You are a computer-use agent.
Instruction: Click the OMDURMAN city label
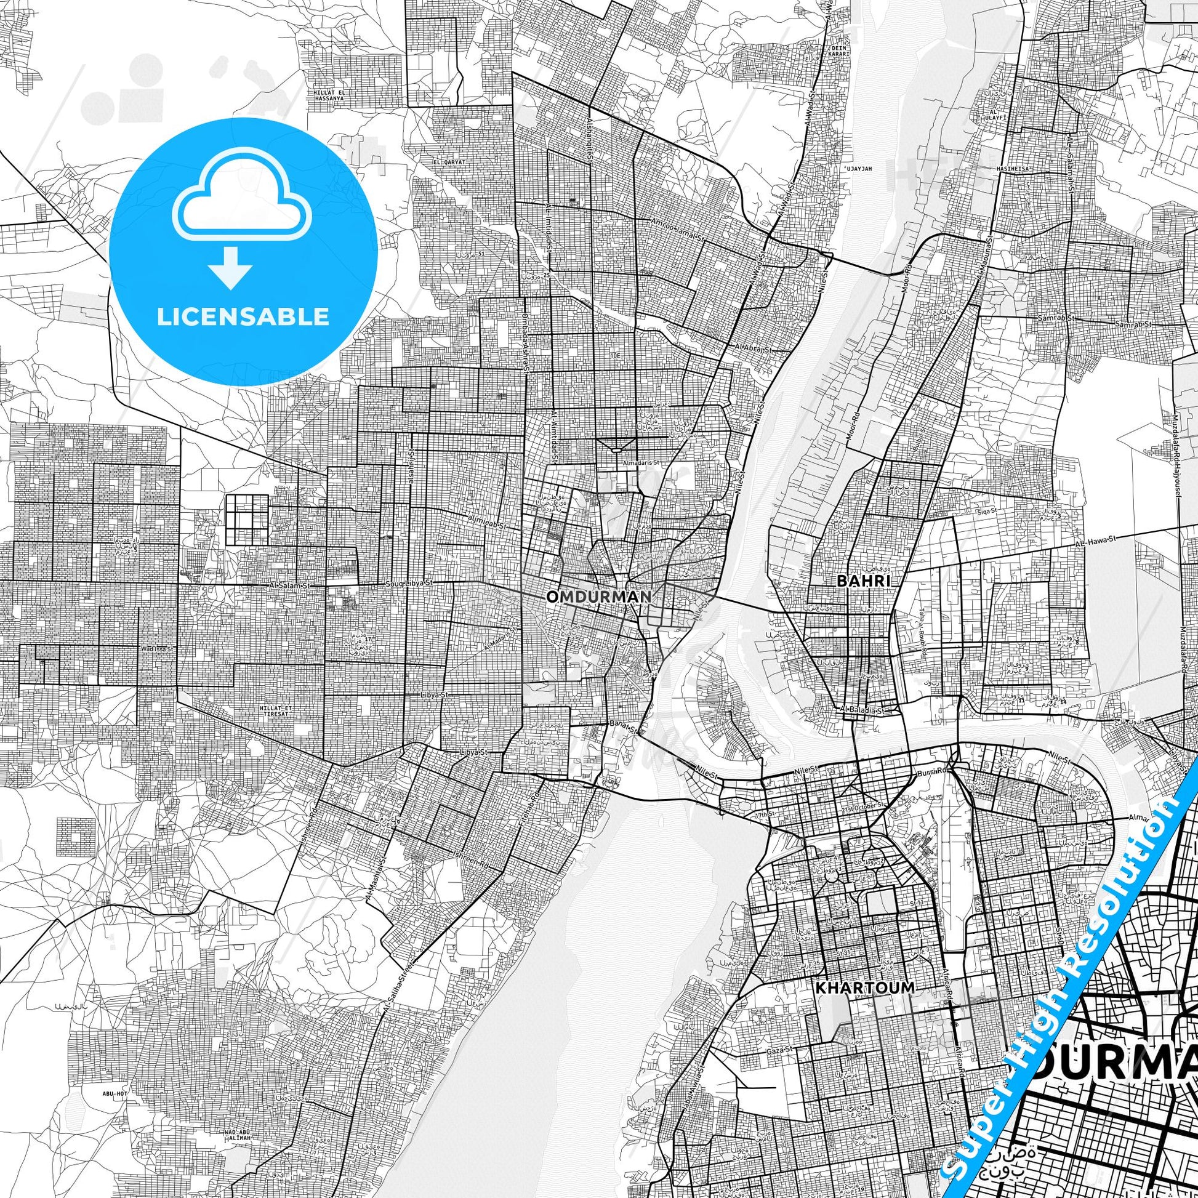click(x=598, y=597)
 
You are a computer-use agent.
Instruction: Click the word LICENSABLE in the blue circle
click(x=243, y=316)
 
